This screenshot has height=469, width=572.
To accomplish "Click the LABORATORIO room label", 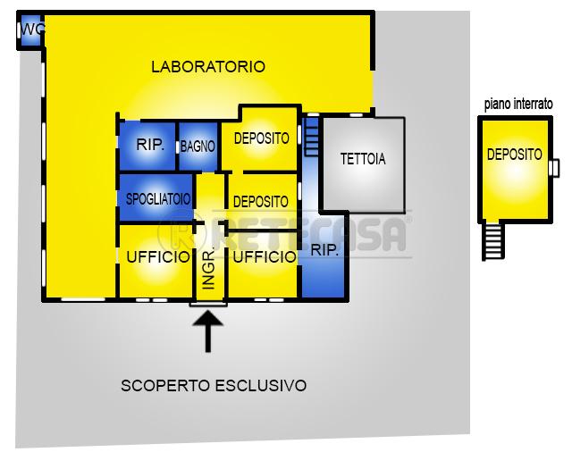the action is click(208, 67).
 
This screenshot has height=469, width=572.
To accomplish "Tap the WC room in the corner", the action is click(30, 30).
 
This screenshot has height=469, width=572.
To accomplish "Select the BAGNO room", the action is click(198, 147).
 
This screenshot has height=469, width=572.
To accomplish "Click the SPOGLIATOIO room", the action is click(156, 197).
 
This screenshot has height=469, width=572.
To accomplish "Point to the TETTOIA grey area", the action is click(363, 164).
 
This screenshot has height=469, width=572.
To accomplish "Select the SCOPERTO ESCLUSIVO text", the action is click(214, 386).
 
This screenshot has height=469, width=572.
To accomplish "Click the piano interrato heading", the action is click(518, 105).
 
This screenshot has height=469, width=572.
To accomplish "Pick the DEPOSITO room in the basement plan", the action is click(515, 170).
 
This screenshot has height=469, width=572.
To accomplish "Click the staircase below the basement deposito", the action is click(493, 240).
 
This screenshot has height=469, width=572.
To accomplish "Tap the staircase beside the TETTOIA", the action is click(312, 136).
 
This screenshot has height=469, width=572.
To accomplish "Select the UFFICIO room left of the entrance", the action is click(156, 261).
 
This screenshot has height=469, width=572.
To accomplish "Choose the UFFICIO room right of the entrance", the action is click(263, 264).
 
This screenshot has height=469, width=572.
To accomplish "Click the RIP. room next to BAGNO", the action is click(147, 146).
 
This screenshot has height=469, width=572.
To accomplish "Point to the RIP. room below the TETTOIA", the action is click(324, 255).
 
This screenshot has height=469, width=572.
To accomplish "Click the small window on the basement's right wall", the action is click(554, 168).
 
